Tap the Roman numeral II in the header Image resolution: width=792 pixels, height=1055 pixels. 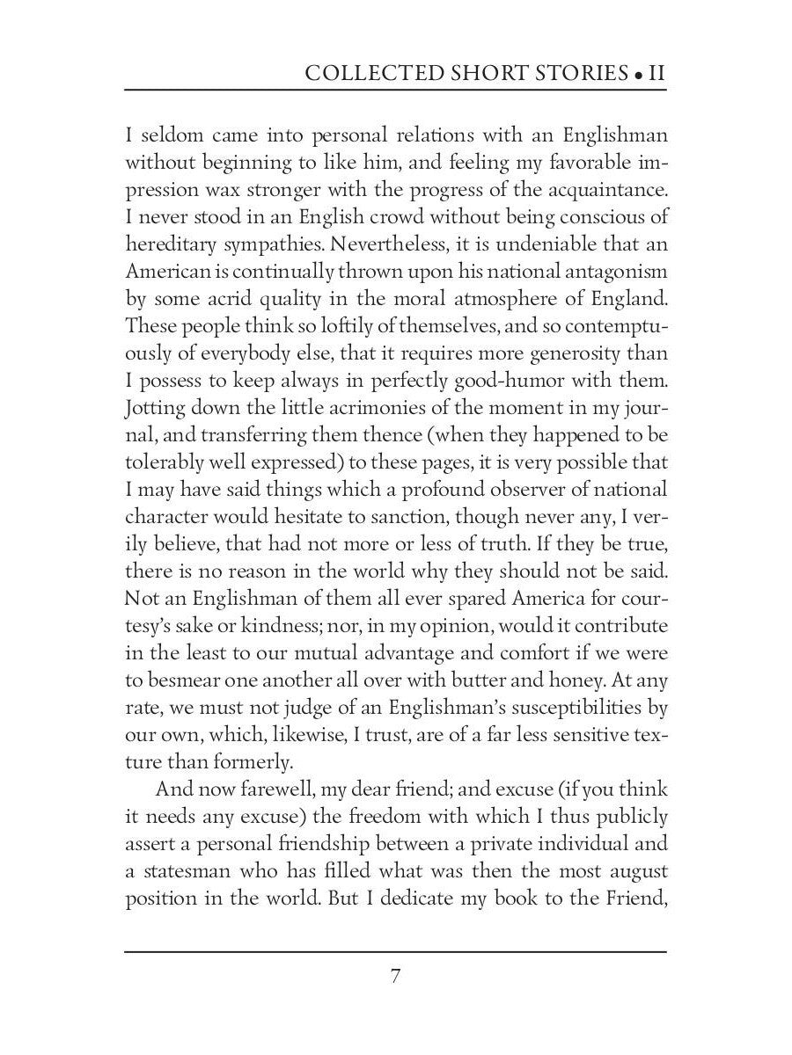656,74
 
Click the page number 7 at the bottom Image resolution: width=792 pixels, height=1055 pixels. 396,978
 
